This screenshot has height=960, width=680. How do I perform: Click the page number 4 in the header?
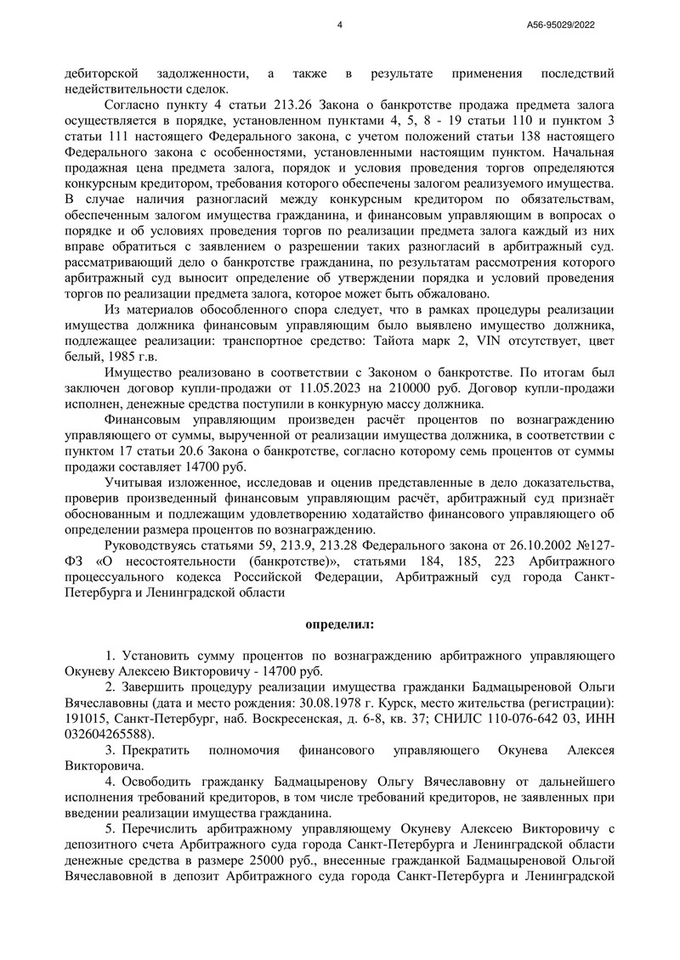click(x=339, y=26)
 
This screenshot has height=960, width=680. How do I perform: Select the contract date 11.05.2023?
click(x=277, y=387)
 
